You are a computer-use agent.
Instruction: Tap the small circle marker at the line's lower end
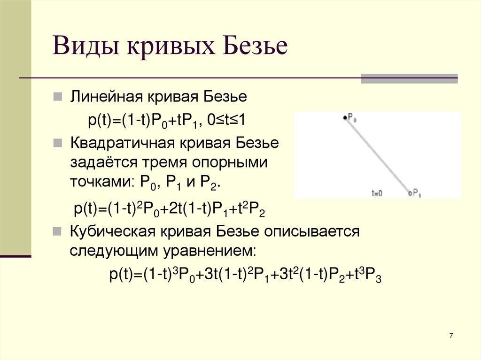pos(410,192)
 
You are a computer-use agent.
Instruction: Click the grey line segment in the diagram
pos(377,155)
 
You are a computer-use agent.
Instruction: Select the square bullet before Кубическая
pos(57,231)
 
